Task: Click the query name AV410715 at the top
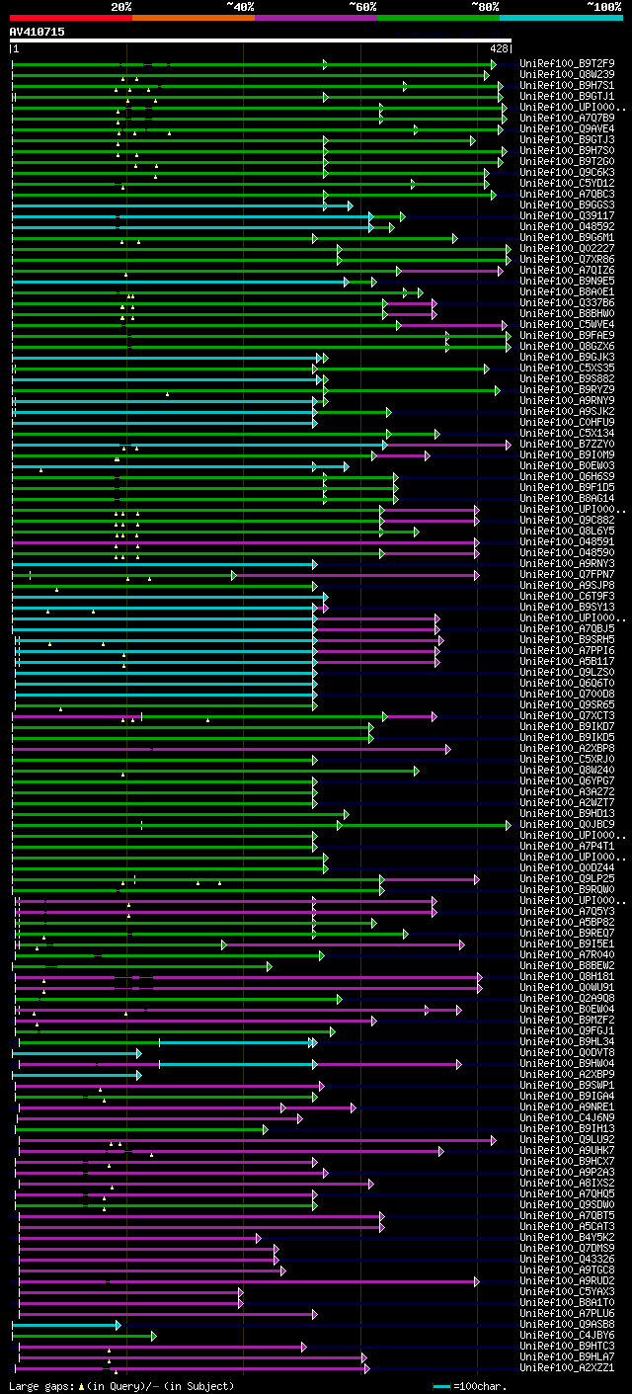pos(38,32)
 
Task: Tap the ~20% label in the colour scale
pos(120,7)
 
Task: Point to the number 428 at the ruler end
pos(499,47)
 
